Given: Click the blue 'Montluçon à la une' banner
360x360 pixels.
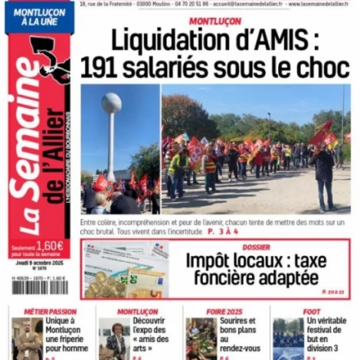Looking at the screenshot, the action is pyautogui.click(x=39, y=17).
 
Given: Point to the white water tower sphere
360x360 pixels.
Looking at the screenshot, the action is pyautogui.click(x=112, y=103).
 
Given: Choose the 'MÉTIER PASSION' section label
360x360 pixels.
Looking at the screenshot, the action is pyautogui.click(x=51, y=312).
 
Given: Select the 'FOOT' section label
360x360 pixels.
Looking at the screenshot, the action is pyautogui.click(x=313, y=312).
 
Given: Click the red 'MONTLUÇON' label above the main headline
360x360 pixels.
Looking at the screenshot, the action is pyautogui.click(x=214, y=21).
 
